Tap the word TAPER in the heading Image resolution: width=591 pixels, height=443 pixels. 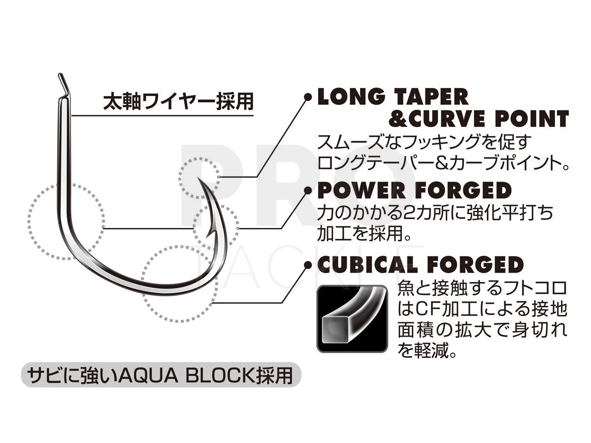[x=431, y=97]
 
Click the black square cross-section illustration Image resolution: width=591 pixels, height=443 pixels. [x=352, y=319]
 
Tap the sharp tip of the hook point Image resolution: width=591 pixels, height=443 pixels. [x=198, y=178]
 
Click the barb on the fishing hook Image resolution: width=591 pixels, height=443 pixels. [x=209, y=233]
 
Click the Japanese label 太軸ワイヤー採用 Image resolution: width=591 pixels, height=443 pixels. [x=178, y=102]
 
